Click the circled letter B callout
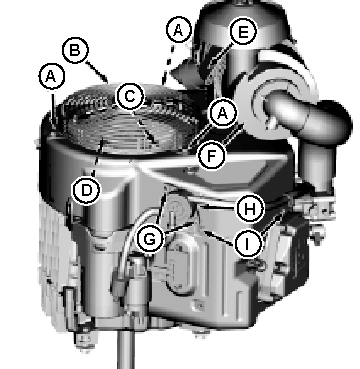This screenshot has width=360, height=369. [x=75, y=50]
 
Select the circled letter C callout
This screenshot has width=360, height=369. [x=130, y=97]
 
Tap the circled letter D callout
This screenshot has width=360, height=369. [x=86, y=191]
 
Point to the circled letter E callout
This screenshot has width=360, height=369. [x=243, y=32]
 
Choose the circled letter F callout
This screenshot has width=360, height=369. [x=211, y=156]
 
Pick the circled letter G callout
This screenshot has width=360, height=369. [x=150, y=239]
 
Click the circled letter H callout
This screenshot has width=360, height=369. [x=250, y=209]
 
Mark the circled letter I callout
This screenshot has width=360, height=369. [x=247, y=244]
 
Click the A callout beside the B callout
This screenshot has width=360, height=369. [x=51, y=77]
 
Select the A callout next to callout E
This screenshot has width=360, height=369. [x=179, y=30]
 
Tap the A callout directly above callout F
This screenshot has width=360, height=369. [x=222, y=113]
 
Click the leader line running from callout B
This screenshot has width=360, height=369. [x=97, y=71]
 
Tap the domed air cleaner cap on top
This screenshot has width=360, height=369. [x=242, y=20]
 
